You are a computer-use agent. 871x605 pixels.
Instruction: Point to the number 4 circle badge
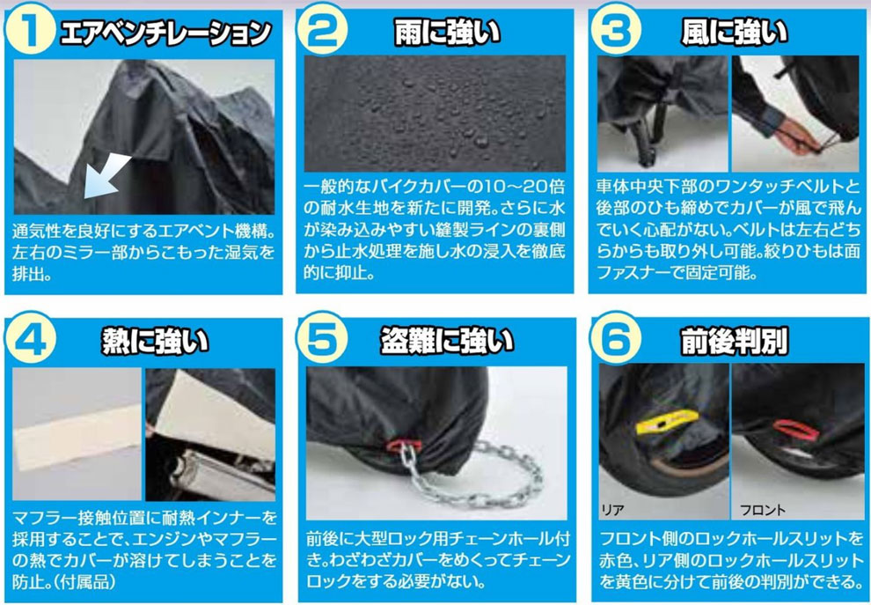[30, 338]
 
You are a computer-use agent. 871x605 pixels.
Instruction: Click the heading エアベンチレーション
[165, 33]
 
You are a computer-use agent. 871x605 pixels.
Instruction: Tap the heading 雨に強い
[447, 33]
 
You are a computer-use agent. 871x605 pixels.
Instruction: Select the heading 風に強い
[735, 33]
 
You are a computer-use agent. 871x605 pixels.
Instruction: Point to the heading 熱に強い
[155, 341]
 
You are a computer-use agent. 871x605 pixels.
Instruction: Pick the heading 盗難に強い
[447, 341]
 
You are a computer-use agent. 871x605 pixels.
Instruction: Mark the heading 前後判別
[735, 341]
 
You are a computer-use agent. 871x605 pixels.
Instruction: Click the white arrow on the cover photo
[106, 177]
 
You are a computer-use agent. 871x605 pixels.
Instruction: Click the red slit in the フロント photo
[795, 430]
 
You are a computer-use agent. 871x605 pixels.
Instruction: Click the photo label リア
[612, 510]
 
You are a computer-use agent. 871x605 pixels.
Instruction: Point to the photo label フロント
[763, 510]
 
